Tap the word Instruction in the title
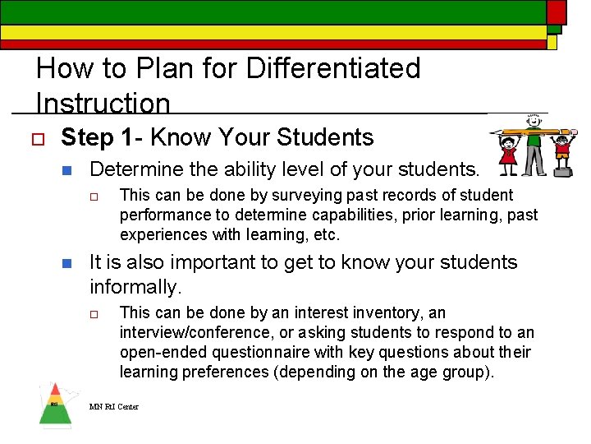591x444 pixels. tap(103, 104)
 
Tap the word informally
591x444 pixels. tap(135, 287)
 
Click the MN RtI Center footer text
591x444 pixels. tap(114, 407)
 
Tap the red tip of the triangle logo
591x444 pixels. tap(54, 389)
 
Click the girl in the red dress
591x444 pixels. tap(509, 155)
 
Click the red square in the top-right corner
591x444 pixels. tap(557, 12)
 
